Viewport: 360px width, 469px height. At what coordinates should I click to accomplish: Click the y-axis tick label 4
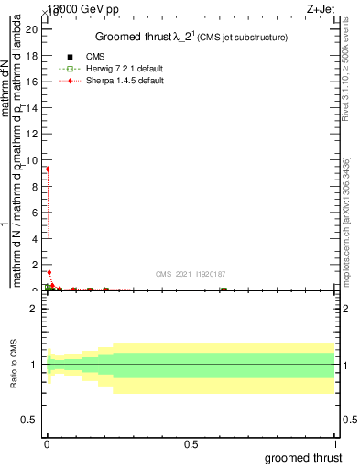tap(32, 238)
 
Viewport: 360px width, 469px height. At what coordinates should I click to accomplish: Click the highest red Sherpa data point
tap(48, 169)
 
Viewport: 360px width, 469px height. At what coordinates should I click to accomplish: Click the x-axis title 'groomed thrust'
tap(304, 457)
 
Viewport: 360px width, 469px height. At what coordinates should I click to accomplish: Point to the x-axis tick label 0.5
tap(191, 443)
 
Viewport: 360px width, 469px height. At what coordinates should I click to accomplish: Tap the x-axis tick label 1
tap(335, 443)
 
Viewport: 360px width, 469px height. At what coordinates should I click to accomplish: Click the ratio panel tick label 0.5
tap(29, 420)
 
